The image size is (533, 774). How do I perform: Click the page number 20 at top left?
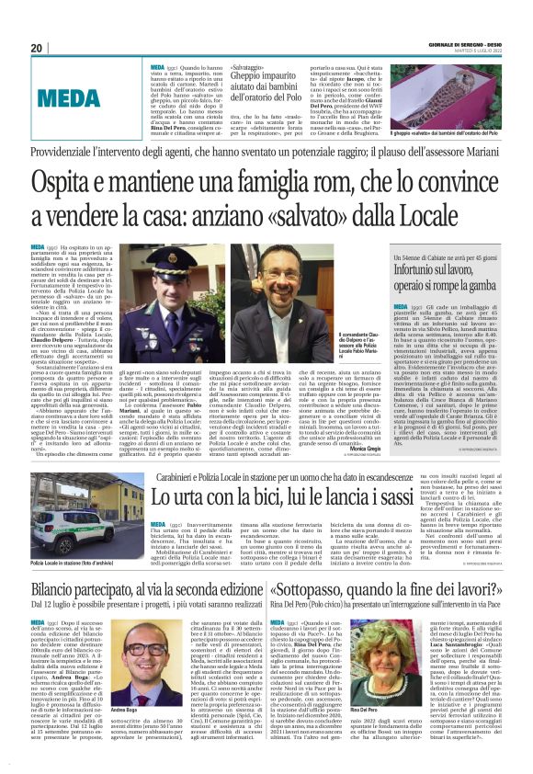coord(37,49)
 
